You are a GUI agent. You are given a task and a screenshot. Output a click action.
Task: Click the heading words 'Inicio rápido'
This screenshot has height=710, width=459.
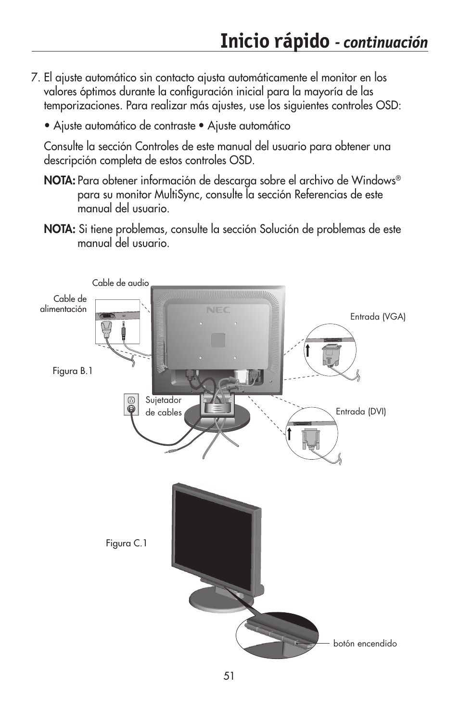pos(274,42)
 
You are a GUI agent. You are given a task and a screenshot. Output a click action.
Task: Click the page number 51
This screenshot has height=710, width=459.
pos(229,676)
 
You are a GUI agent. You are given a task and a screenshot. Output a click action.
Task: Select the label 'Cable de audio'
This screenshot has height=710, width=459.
pos(120,283)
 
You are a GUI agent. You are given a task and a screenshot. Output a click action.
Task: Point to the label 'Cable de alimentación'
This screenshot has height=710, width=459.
pos(64,304)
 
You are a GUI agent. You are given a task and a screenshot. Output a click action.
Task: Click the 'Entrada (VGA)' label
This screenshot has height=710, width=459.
pos(378,317)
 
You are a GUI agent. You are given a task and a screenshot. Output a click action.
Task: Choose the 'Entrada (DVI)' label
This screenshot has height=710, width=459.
pos(360,412)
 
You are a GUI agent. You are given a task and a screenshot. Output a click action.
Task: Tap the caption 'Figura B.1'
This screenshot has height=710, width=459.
pos(72,371)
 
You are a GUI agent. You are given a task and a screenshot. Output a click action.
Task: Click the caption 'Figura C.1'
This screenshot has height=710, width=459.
pos(126,543)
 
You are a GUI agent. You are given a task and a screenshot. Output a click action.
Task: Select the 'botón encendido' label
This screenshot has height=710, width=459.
pos(365,644)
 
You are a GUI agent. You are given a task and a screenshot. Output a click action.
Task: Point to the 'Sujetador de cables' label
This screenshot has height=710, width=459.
pos(164,406)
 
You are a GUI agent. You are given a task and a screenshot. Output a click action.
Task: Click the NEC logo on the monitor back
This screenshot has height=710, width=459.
pos(218,310)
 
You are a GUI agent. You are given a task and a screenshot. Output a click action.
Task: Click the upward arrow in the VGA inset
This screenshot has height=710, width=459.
pos(306,349)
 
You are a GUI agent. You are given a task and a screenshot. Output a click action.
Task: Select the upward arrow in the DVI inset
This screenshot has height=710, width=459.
pos(290,433)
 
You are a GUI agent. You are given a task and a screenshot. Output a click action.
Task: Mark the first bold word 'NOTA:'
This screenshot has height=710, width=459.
pos(59,181)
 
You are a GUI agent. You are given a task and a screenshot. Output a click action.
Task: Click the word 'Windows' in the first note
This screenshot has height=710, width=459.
pos(373,181)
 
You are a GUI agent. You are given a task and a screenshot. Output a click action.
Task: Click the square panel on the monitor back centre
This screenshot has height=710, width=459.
pos(218,340)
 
